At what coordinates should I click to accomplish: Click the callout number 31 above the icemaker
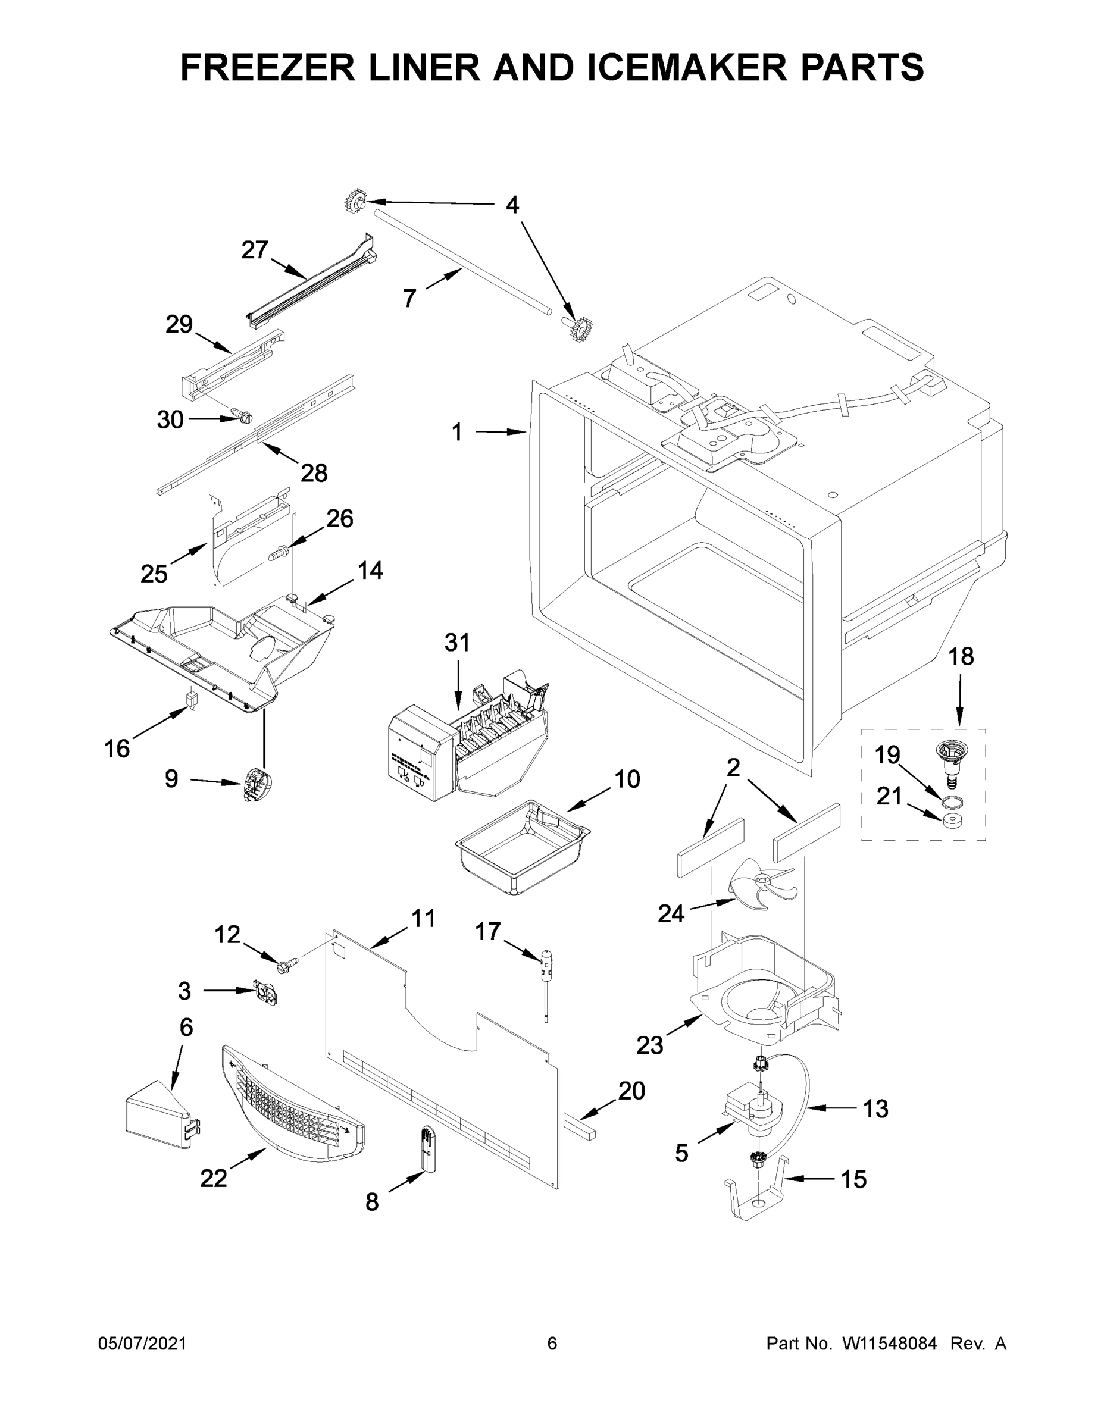point(457,643)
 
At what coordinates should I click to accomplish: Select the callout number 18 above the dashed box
point(961,656)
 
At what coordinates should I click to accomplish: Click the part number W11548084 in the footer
point(890,1344)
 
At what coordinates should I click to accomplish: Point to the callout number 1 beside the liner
point(457,432)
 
